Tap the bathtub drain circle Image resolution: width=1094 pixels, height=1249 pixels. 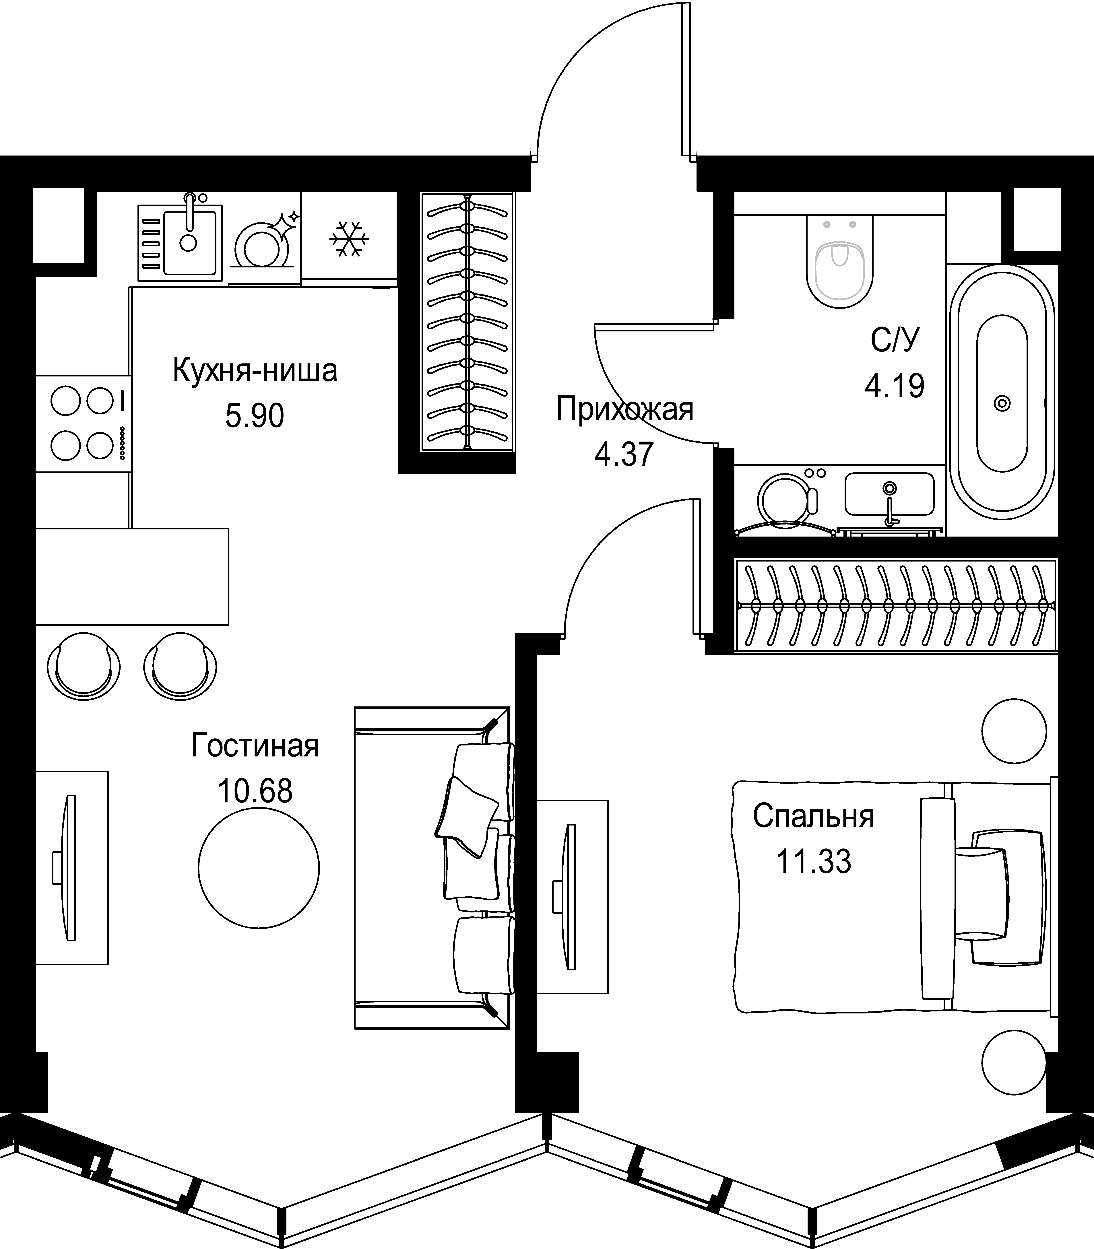(1002, 403)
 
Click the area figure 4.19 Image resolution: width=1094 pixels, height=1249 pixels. (894, 386)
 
